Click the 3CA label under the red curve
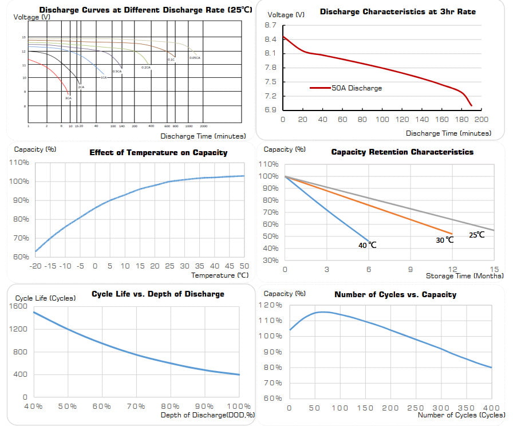68,98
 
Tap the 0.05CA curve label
195,58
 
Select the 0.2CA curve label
146,68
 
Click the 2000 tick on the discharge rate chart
204,125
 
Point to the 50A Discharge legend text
356,88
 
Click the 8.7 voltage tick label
271,25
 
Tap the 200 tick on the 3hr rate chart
482,119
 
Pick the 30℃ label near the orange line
445,239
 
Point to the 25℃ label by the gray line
476,235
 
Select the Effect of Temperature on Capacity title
158,152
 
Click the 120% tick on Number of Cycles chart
273,305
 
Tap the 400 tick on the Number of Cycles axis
491,408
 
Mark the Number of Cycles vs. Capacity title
395,294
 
